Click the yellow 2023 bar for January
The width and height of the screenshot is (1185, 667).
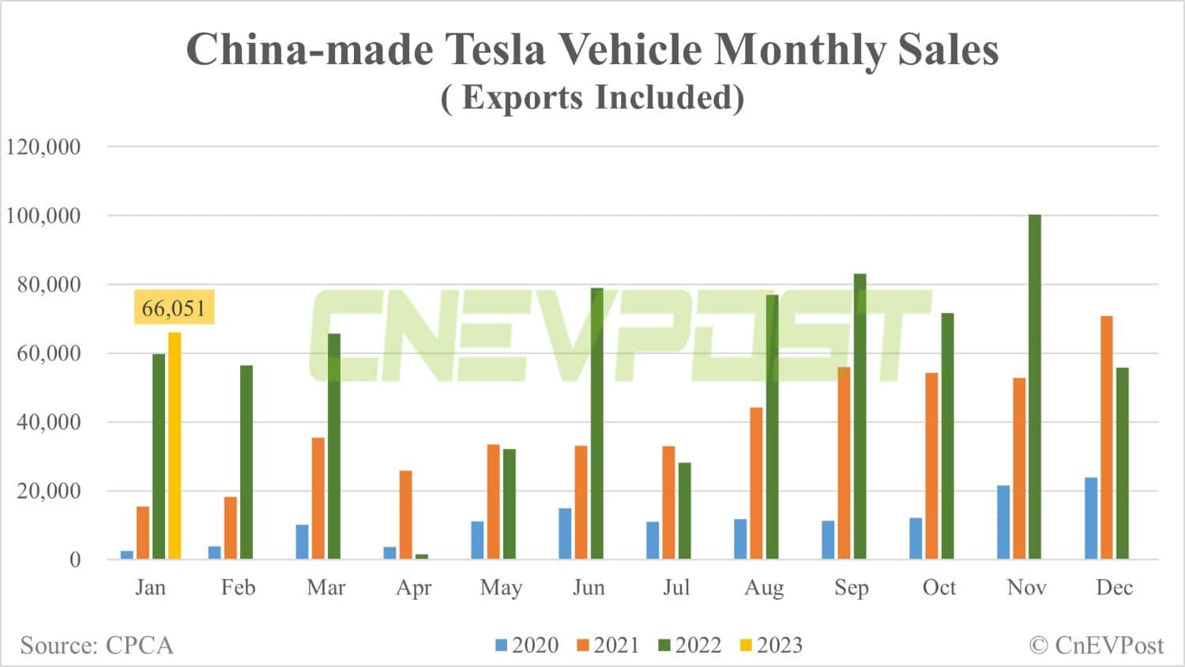pyautogui.click(x=174, y=446)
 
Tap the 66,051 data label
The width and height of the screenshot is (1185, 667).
pyautogui.click(x=174, y=308)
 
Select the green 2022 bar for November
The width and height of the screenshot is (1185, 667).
pyautogui.click(x=1034, y=387)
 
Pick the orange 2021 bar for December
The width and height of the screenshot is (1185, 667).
pyautogui.click(x=1106, y=438)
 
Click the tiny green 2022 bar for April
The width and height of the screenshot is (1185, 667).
pyautogui.click(x=422, y=556)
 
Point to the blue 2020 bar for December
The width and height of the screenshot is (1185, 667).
pyautogui.click(x=1090, y=518)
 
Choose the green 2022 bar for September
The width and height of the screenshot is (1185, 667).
pyautogui.click(x=860, y=416)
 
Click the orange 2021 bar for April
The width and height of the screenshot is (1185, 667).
pyautogui.click(x=405, y=515)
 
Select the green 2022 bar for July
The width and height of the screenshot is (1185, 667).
pyautogui.click(x=684, y=511)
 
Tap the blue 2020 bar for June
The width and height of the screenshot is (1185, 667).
pyautogui.click(x=565, y=533)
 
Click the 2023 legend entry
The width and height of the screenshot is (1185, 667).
pyautogui.click(x=771, y=646)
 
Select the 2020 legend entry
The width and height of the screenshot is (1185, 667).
pyautogui.click(x=527, y=646)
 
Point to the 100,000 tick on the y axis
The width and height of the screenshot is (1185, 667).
pyautogui.click(x=43, y=216)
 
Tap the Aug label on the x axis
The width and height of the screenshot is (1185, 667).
pyautogui.click(x=764, y=588)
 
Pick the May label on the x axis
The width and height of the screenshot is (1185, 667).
pyautogui.click(x=501, y=588)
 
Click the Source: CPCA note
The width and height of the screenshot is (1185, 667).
pyautogui.click(x=96, y=646)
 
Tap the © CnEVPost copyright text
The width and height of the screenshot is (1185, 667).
pyautogui.click(x=1097, y=646)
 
